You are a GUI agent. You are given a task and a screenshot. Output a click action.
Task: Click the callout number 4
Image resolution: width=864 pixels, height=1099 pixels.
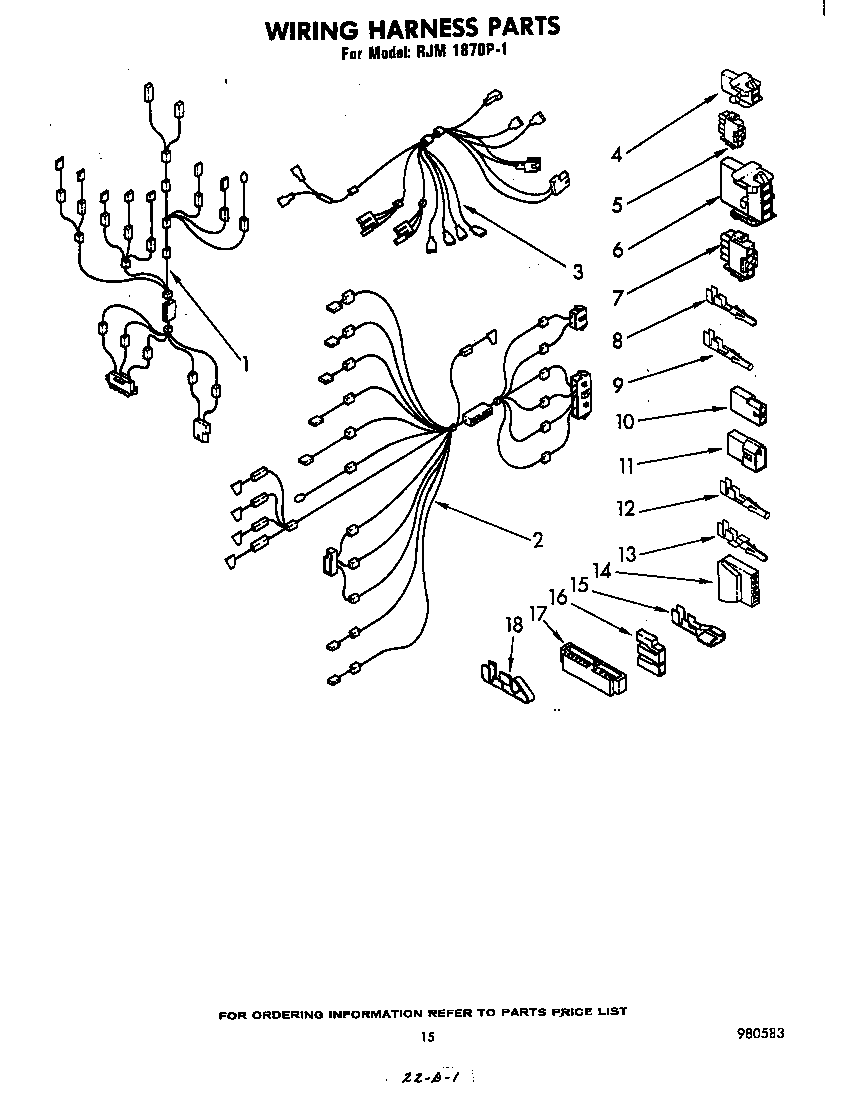617,154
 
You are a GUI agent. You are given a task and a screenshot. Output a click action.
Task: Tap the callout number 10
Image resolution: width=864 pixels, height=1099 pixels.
625,421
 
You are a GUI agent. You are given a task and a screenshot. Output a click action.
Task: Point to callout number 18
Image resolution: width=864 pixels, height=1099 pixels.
513,625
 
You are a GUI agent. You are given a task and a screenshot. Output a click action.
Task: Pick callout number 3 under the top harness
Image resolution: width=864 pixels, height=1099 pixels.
577,270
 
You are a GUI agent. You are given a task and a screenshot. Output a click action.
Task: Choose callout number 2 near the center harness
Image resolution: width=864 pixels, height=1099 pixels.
537,540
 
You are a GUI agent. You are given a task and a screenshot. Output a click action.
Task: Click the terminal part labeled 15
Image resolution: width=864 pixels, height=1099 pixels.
698,625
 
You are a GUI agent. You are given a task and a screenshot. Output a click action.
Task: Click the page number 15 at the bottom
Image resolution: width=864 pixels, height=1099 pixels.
428,1037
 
